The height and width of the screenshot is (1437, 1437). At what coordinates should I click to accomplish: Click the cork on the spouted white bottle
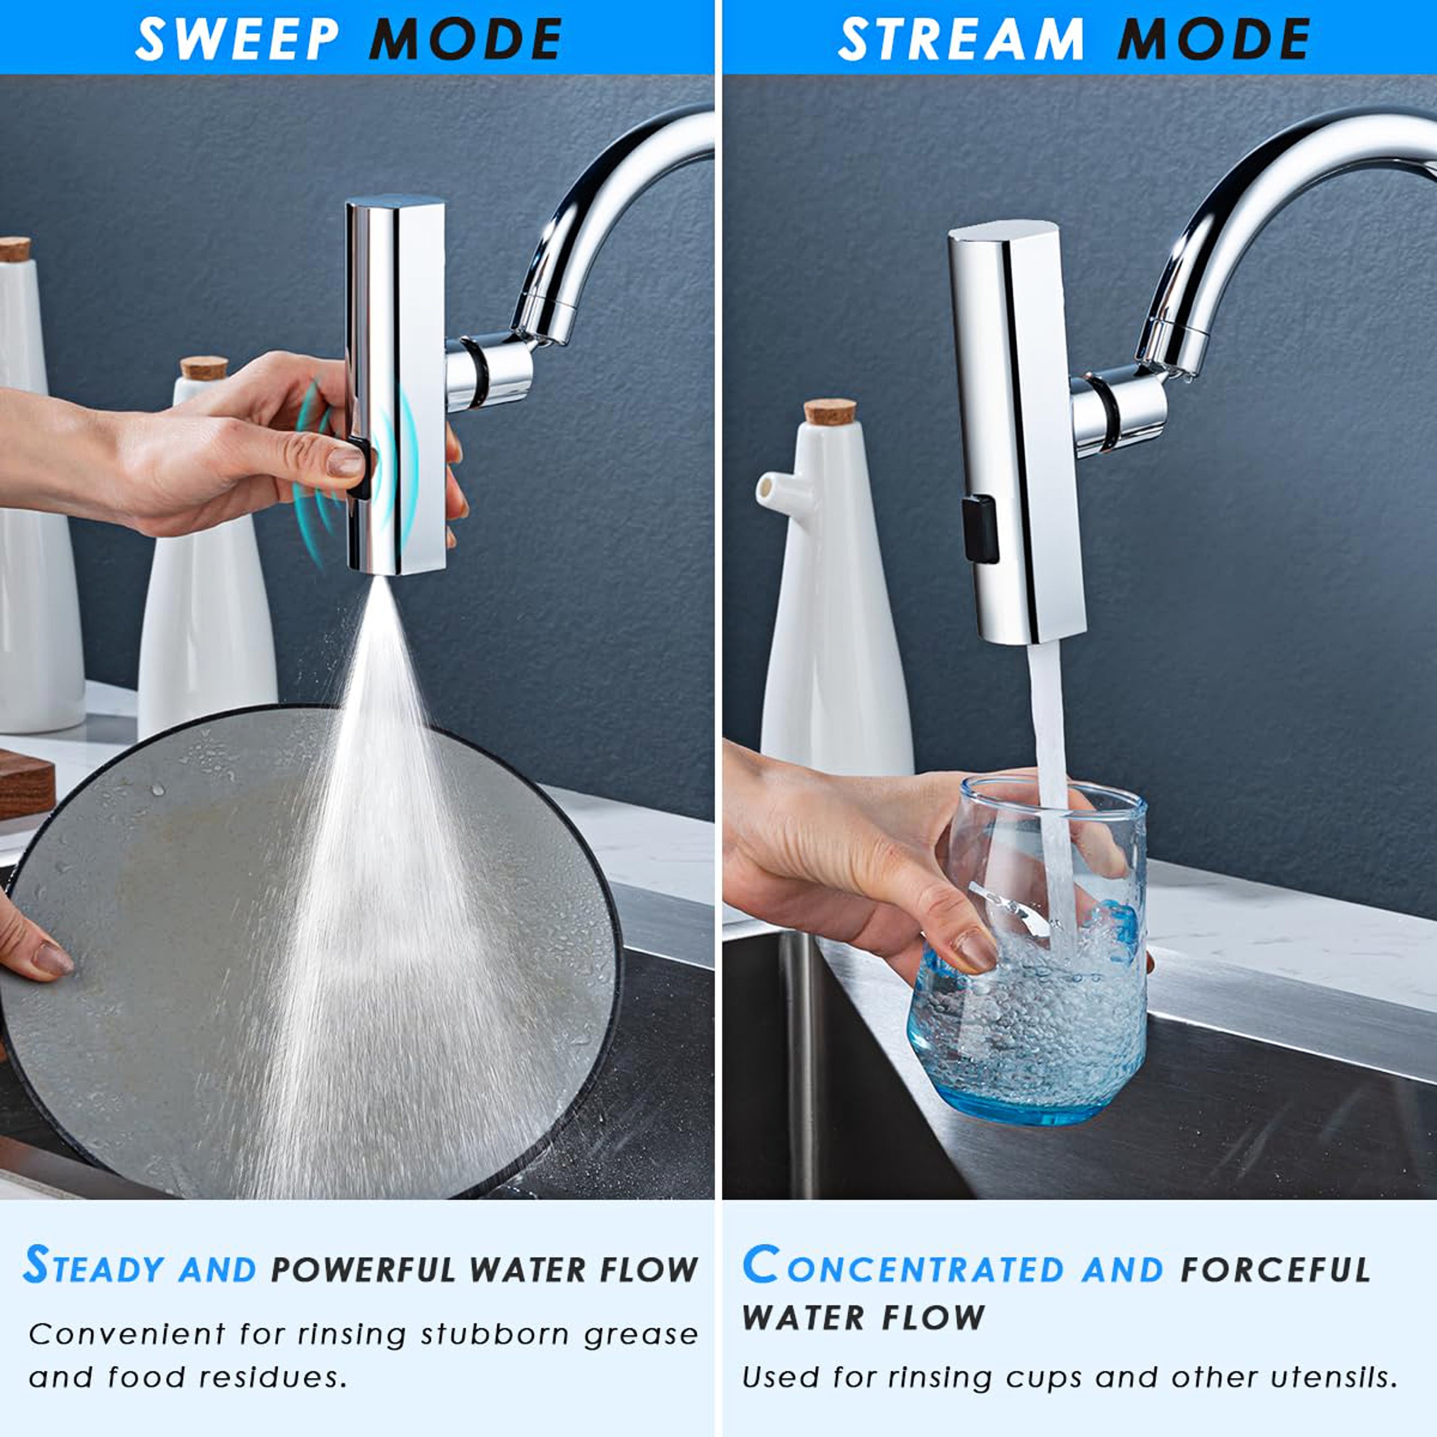pyautogui.click(x=830, y=412)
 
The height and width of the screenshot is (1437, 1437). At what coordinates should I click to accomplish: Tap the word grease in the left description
pyautogui.click(x=641, y=1335)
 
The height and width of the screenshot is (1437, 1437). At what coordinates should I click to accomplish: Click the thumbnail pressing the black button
pyautogui.click(x=345, y=462)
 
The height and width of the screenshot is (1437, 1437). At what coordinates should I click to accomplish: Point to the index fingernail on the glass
pyautogui.click(x=976, y=950)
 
